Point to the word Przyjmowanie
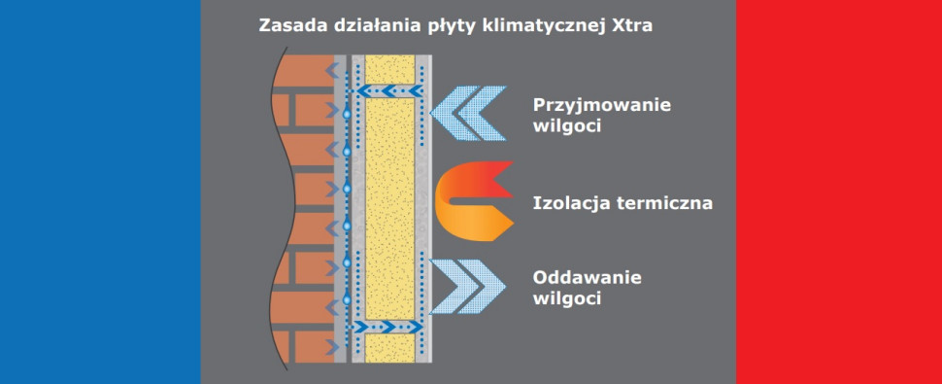tap(602, 105)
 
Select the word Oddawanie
tap(588, 278)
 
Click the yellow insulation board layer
tap(393, 204)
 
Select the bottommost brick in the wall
tap(311, 345)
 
